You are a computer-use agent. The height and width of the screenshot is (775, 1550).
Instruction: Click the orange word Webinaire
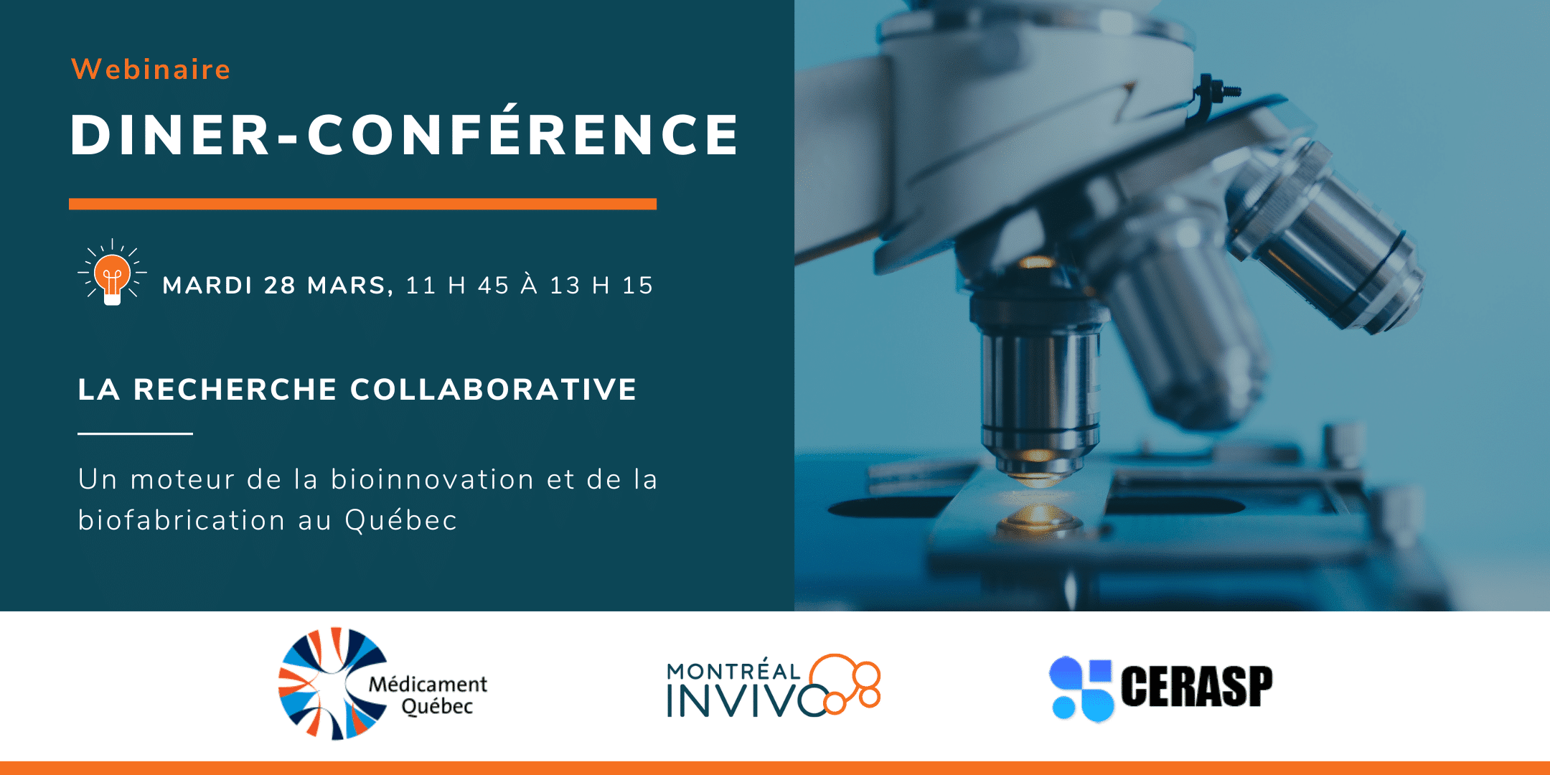[151, 70]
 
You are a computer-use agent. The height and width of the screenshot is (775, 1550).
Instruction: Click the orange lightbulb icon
[112, 273]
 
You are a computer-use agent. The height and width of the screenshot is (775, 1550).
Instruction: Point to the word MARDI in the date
[207, 286]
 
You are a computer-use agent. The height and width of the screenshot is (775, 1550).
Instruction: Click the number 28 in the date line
[280, 286]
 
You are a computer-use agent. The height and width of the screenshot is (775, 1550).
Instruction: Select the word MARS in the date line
[349, 286]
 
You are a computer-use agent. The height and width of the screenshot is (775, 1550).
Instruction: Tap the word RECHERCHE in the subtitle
[235, 390]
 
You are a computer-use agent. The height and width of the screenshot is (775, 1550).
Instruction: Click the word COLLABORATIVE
[493, 390]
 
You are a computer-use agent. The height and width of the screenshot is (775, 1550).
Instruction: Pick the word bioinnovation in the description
[432, 479]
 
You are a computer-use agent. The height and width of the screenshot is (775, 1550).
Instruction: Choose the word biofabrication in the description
[182, 520]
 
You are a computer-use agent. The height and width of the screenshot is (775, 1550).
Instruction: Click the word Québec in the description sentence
[400, 520]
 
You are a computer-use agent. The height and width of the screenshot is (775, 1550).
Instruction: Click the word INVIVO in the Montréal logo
[746, 700]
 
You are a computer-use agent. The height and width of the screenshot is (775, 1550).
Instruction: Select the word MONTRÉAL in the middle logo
[733, 670]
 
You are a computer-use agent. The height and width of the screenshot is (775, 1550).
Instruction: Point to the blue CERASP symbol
[1081, 689]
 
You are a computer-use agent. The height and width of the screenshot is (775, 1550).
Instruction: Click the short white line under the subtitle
[135, 433]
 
